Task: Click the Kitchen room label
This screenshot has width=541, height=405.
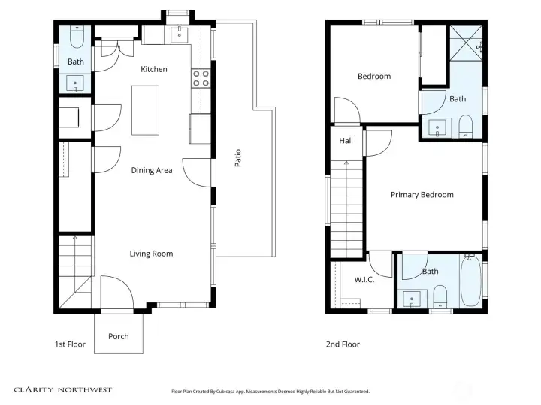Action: (x=154, y=69)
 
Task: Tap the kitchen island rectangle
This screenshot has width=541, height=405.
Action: (x=145, y=109)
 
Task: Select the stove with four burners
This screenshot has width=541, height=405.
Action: (x=201, y=78)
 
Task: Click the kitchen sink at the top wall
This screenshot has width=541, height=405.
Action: (x=180, y=34)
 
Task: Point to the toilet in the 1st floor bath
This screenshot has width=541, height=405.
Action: (x=77, y=37)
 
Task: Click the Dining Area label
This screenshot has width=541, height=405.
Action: (x=152, y=170)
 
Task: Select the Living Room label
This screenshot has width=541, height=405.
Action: (x=151, y=253)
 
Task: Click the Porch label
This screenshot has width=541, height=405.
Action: (x=119, y=336)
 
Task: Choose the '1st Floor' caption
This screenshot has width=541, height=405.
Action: (x=70, y=344)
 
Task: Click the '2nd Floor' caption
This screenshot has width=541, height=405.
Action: (x=343, y=344)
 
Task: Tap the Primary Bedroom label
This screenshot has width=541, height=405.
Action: (x=422, y=195)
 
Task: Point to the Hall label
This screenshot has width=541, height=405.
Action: (x=346, y=141)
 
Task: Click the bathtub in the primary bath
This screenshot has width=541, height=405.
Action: (x=470, y=283)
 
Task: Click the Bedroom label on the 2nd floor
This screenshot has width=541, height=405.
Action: (x=373, y=76)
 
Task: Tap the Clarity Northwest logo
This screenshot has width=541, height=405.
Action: (x=62, y=389)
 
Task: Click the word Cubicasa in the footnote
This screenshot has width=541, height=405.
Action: (x=231, y=391)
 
